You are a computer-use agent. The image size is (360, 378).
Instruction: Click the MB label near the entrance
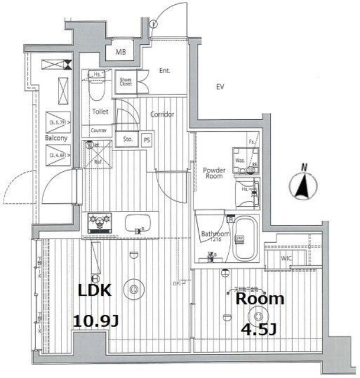click(x=121, y=53)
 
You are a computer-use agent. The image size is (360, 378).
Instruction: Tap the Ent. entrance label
click(x=164, y=71)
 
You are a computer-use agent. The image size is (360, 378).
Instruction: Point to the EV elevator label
click(x=220, y=87)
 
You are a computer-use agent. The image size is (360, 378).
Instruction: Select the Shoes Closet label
click(x=126, y=82)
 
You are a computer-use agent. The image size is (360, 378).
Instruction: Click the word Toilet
click(x=99, y=111)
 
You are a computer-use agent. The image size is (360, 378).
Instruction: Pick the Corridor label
click(x=161, y=114)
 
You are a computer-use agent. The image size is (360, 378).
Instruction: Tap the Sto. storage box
click(x=128, y=139)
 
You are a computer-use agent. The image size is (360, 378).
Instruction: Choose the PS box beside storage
click(x=147, y=139)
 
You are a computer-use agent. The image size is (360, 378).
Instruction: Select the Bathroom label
click(x=214, y=234)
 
